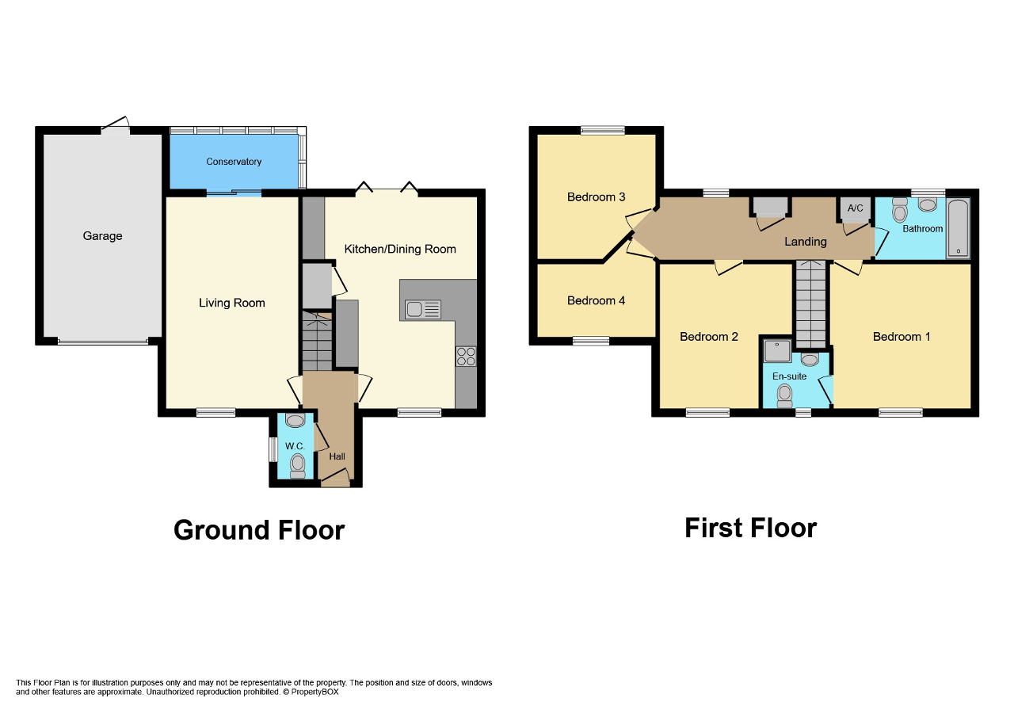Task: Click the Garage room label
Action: [x=102, y=236]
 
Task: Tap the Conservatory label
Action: [x=234, y=162]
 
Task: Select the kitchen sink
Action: [x=423, y=310]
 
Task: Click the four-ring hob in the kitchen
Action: [x=466, y=357]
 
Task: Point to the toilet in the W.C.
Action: [x=297, y=466]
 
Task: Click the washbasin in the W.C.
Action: [x=295, y=420]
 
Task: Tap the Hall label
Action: [x=337, y=456]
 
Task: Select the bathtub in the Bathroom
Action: [x=958, y=228]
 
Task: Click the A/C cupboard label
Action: [x=855, y=208]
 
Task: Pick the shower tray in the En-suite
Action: [x=777, y=351]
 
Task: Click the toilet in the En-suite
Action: [x=784, y=396]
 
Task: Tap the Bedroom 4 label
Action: [x=596, y=300]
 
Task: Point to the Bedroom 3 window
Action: [x=603, y=131]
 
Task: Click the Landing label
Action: [x=806, y=242]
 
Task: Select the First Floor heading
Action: [x=750, y=528]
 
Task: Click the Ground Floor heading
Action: [x=259, y=530]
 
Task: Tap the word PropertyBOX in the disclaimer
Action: [x=314, y=692]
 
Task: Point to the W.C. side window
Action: [x=273, y=449]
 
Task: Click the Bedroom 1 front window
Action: [x=901, y=413]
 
